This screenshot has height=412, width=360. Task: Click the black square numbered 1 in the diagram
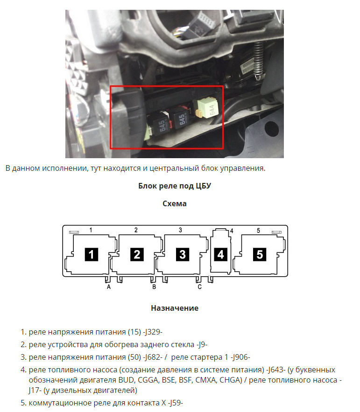click(91, 254)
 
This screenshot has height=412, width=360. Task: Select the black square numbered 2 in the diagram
click(137, 254)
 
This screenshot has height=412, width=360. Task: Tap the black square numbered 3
click(183, 254)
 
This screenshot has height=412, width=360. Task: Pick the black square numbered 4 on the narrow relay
click(221, 254)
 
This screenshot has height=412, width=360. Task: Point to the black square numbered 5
click(260, 254)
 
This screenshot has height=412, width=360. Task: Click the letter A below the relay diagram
click(109, 287)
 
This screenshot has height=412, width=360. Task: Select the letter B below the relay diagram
click(154, 287)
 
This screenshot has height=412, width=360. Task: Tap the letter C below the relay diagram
click(199, 287)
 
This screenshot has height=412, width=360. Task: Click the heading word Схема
click(175, 203)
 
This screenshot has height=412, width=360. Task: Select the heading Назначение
click(175, 308)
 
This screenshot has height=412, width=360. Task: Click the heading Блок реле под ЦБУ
click(175, 186)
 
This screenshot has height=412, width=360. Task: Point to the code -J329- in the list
click(153, 332)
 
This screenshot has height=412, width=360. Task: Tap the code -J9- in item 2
click(202, 344)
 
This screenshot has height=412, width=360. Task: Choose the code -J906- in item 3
click(240, 357)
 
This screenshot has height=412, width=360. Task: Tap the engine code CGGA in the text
click(148, 380)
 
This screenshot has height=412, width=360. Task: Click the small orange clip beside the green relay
click(199, 113)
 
